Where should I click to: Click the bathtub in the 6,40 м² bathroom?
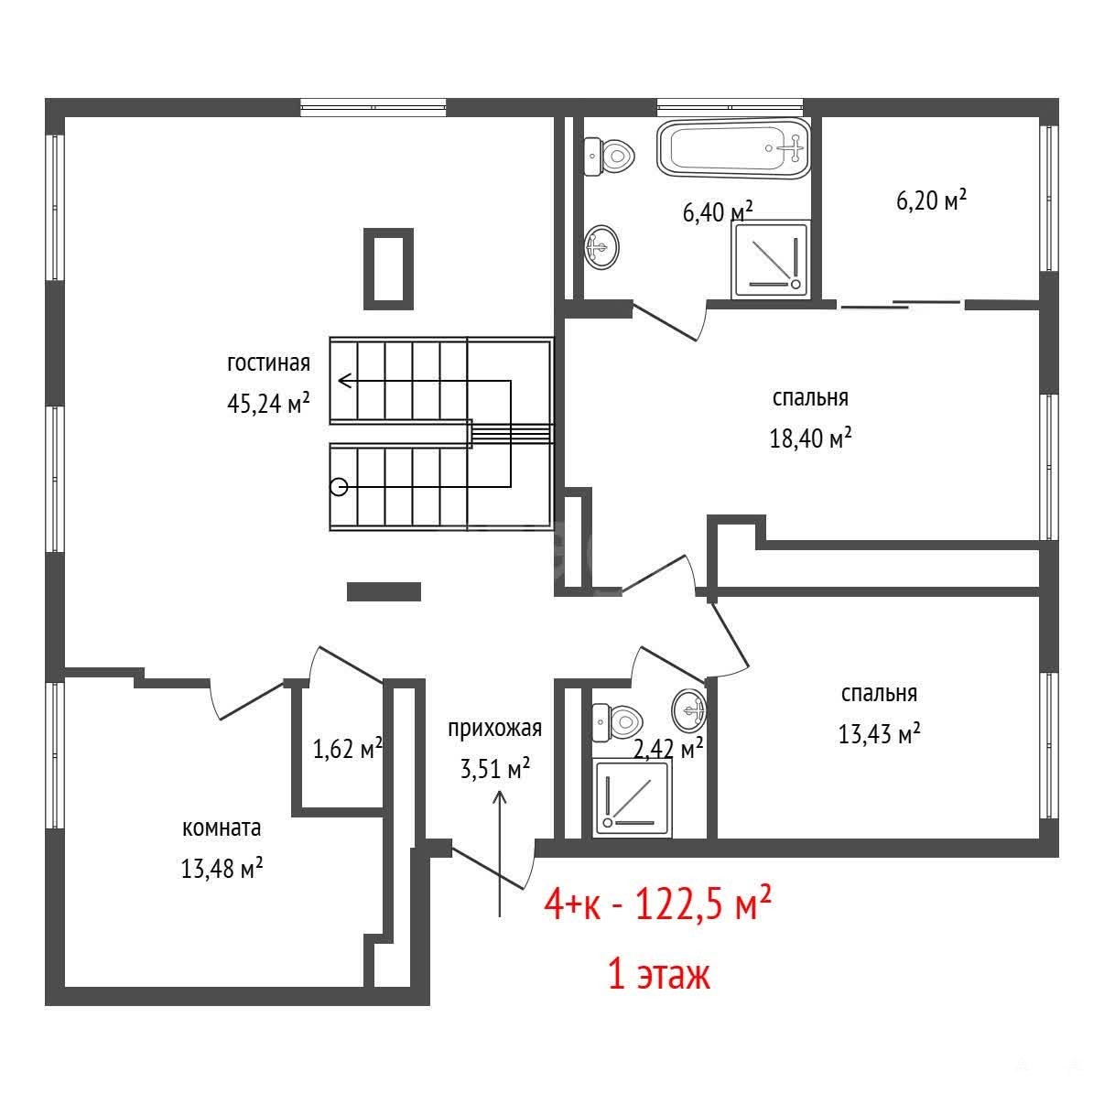point(733,148)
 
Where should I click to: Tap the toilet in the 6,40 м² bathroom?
point(611,156)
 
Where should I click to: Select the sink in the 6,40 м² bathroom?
point(601,247)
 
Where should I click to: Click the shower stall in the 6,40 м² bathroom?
point(771,259)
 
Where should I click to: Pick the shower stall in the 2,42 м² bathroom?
point(632,798)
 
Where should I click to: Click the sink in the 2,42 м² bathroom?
point(689,711)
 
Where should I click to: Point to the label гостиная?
point(269,363)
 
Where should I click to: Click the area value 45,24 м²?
point(269,404)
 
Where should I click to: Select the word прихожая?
point(494,728)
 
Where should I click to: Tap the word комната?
point(222,828)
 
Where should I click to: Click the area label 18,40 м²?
point(810,438)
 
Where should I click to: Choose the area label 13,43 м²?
point(880,733)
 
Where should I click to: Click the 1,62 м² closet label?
point(348,749)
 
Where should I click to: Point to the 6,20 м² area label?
point(932,200)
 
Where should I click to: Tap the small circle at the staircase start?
point(339,487)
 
